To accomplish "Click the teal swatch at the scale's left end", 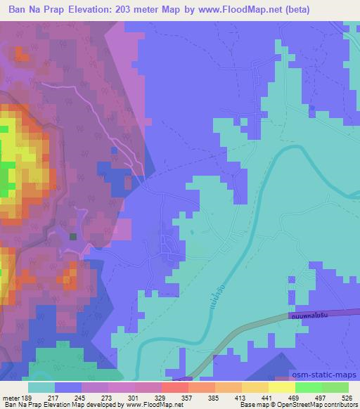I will (x=41, y=387).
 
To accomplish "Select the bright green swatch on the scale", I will (x=308, y=387).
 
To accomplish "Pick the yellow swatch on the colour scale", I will (x=281, y=387).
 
